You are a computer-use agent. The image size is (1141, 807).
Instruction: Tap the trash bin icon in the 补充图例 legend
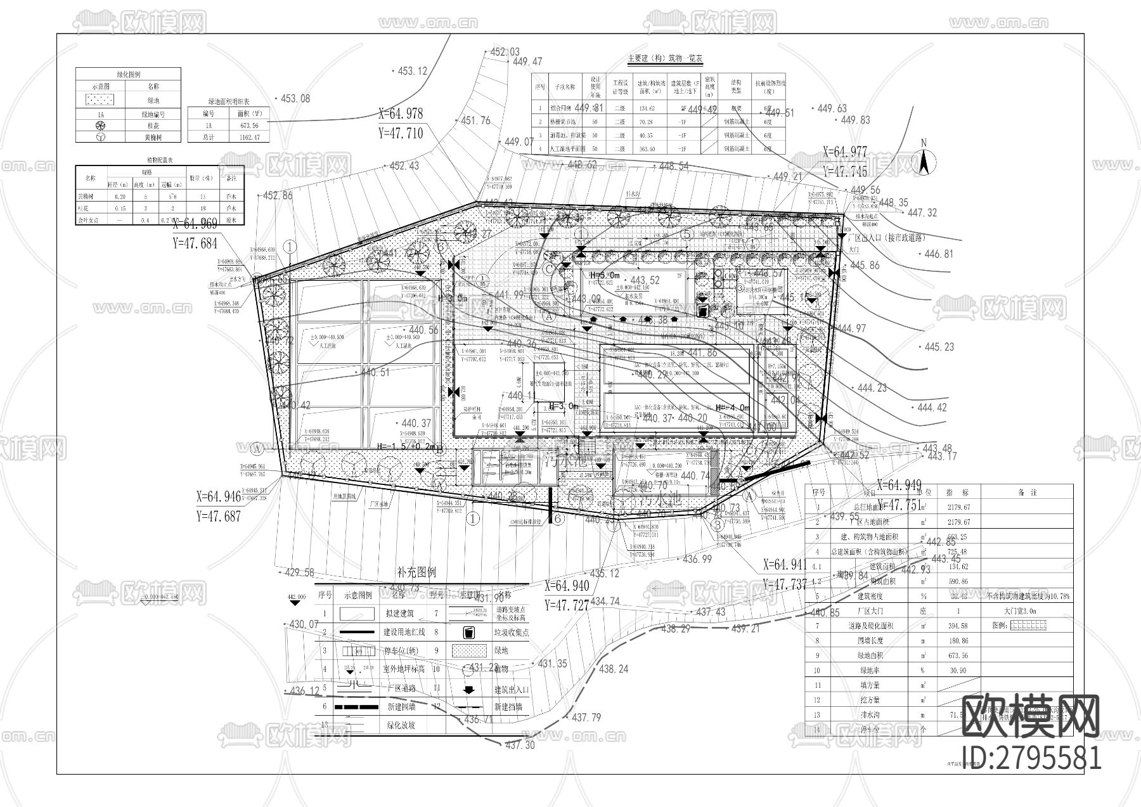(469, 632)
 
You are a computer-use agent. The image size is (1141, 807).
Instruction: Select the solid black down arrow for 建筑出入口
(469, 689)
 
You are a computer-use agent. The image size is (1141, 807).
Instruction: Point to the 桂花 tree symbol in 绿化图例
(101, 126)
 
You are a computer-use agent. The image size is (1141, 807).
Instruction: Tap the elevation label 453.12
(412, 71)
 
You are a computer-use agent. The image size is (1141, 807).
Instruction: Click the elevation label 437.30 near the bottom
(520, 746)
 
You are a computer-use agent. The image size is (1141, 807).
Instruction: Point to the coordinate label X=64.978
(400, 114)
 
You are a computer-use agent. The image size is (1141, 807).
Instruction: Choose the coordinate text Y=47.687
(219, 516)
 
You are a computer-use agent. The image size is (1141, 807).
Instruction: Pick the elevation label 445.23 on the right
(939, 347)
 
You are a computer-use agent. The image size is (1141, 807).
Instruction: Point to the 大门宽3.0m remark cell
(1027, 611)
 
